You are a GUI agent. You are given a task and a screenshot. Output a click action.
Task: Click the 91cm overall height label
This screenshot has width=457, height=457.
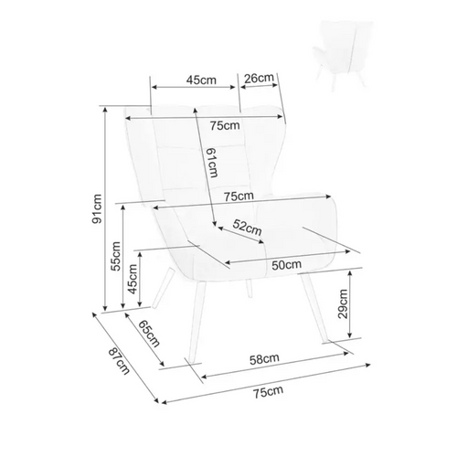[x=97, y=208]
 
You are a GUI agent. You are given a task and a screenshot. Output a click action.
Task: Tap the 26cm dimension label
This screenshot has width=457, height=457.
[x=260, y=79]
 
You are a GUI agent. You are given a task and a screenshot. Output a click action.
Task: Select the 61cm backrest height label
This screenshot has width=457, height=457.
[x=212, y=163]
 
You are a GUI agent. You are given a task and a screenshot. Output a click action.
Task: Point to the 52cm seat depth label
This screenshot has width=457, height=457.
[x=247, y=228]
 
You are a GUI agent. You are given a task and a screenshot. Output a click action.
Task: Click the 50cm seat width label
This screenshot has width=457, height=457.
[x=286, y=265]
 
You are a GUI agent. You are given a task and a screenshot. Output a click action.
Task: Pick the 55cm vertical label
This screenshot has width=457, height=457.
[x=116, y=256]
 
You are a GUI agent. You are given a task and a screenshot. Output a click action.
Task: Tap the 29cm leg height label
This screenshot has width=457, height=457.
[x=343, y=303]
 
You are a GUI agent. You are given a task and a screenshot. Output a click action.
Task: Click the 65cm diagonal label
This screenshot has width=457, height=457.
[x=149, y=334]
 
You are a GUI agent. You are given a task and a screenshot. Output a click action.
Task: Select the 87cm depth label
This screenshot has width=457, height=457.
[x=119, y=361]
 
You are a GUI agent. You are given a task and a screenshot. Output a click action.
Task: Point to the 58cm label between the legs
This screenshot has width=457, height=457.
[x=264, y=359]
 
